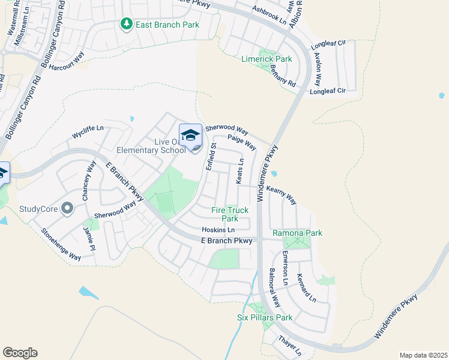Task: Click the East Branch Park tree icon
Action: pos(126,25)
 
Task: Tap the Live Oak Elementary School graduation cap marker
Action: pos(191,135)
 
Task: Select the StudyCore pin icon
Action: pos(67,209)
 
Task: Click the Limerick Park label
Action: pos(267,59)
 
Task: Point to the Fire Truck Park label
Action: pos(230,214)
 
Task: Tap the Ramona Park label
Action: pos(297,233)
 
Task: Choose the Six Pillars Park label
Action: pos(264,317)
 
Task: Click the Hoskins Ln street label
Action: pos(218,230)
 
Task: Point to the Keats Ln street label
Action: pos(240,171)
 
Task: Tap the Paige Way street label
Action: pos(242,143)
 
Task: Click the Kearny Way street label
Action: pos(282,194)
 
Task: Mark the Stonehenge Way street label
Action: pos(61,244)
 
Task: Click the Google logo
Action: pos(20,353)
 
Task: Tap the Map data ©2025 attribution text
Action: pos(423,355)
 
